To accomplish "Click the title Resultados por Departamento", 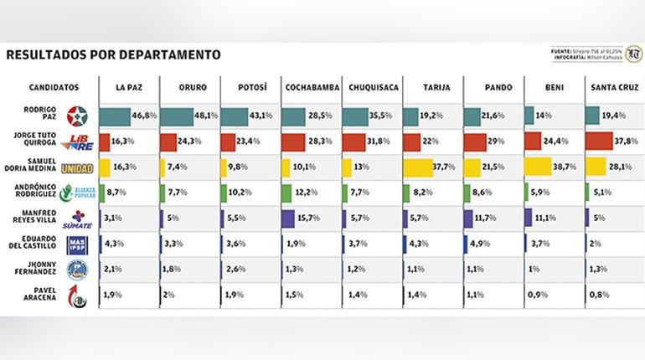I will coord(113,55).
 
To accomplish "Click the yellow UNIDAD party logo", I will coord(78,168).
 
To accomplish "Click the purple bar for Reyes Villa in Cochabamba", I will coord(288,220).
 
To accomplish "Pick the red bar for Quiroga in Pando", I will coord(472,142).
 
